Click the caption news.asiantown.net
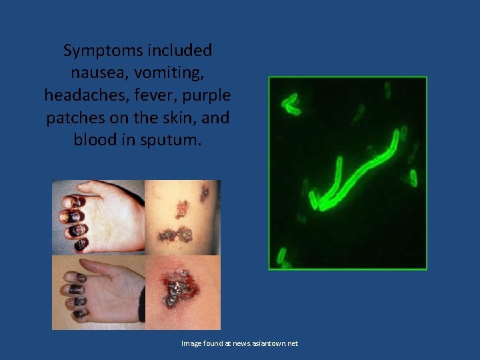click(x=265, y=343)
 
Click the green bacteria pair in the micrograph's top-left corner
click(x=291, y=103)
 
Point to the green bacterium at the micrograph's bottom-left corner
click(x=282, y=256)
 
